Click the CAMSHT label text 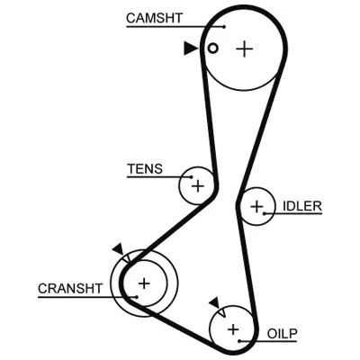point(154,18)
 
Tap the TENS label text point(145,169)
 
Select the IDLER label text point(302,206)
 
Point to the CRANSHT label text point(70,289)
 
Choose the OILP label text point(282,334)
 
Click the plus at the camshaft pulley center point(245,49)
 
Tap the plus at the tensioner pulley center point(198,186)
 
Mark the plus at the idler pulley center point(256,206)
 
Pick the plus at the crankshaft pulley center point(144,283)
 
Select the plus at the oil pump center point(233,329)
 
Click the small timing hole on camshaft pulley point(212,48)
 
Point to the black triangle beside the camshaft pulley point(190,48)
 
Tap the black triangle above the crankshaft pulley point(119,249)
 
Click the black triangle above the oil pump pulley point(215,302)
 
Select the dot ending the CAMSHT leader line point(224,27)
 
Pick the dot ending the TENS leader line point(191,177)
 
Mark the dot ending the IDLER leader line point(265,213)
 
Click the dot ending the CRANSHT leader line point(137,297)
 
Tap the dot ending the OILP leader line point(239,341)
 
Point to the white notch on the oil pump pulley point(222,312)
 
